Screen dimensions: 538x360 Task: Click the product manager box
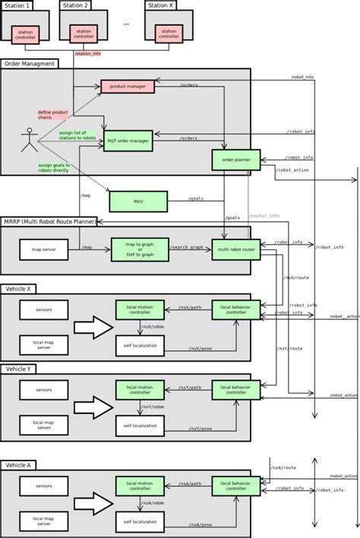[x=128, y=87]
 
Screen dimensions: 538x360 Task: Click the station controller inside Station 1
[x=24, y=33]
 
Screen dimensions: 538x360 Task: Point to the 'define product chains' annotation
[x=52, y=114]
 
